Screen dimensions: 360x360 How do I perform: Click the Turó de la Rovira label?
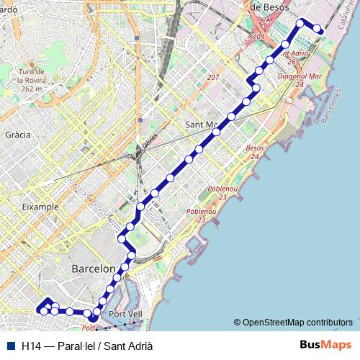click(x=32, y=76)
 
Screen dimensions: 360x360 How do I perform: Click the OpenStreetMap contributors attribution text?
click(x=297, y=322)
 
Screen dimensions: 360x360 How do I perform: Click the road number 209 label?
click(x=259, y=37)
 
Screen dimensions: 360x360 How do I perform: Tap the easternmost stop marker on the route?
click(x=318, y=29)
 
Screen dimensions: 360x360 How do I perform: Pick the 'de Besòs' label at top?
click(x=269, y=6)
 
